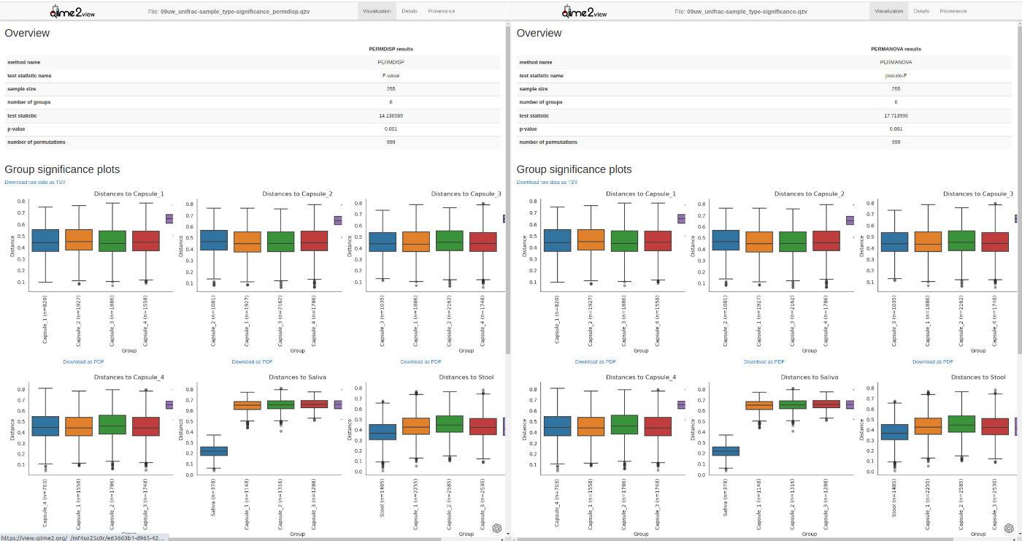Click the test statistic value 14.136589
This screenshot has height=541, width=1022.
click(391, 115)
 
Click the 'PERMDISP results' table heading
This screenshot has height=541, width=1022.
click(391, 49)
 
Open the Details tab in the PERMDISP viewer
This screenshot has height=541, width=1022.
click(410, 11)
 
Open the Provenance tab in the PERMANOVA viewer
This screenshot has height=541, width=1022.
click(953, 11)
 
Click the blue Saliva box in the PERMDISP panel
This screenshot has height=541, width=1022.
click(214, 450)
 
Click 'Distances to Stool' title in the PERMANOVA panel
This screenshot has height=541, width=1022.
click(977, 377)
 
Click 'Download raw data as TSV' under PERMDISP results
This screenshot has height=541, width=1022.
click(35, 182)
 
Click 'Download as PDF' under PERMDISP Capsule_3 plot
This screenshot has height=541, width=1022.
click(420, 361)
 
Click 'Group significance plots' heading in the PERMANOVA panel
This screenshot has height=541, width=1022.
click(574, 169)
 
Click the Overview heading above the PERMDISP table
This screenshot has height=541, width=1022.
click(27, 33)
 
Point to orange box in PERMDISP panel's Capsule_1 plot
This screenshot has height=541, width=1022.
click(79, 240)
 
